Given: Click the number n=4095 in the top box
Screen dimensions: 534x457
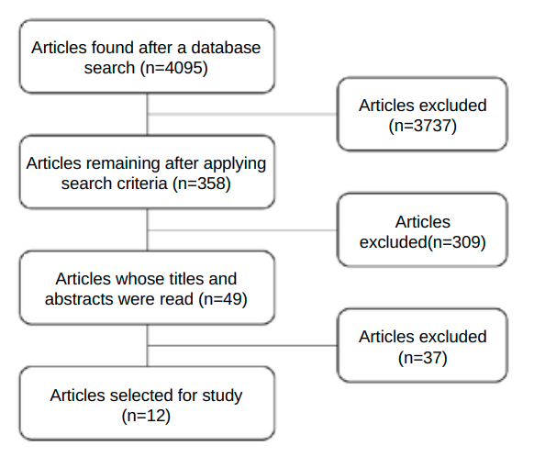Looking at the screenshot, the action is [173, 68].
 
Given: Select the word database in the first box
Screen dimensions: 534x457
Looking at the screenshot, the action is [226, 48].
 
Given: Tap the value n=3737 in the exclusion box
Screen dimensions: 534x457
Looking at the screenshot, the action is [422, 126].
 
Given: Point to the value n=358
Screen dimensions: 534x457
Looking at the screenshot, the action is [201, 184].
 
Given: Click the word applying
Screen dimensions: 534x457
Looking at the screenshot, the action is [235, 163].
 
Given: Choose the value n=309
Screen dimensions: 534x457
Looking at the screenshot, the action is [456, 242].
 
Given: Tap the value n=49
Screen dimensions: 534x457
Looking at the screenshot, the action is [222, 299].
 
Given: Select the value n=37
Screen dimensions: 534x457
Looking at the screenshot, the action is [422, 358].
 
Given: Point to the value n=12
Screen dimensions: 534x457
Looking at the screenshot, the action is [146, 416].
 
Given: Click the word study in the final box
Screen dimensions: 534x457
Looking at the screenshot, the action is [222, 396].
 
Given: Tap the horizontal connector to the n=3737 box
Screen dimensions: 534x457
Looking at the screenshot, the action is [242, 114].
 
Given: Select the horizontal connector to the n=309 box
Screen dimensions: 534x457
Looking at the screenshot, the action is [242, 230].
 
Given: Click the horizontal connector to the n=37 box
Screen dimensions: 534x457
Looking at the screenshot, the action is [242, 346].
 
